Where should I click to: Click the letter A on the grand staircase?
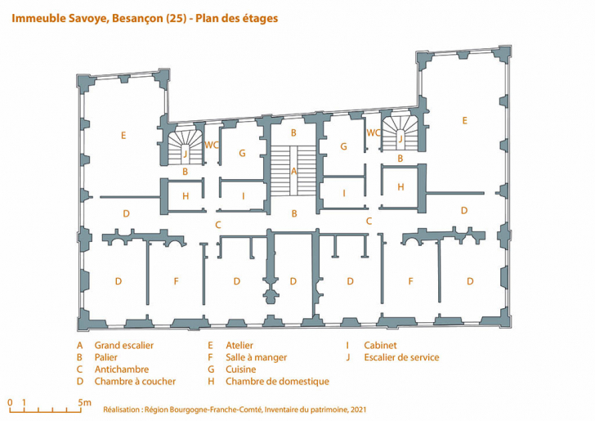pyautogui.click(x=294, y=172)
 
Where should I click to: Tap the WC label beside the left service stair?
pyautogui.click(x=212, y=146)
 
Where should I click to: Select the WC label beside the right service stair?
pyautogui.click(x=374, y=132)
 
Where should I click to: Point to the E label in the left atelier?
pyautogui.click(x=123, y=135)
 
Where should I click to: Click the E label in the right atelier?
pyautogui.click(x=464, y=120)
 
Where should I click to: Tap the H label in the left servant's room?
pyautogui.click(x=186, y=196)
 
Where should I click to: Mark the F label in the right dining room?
pyautogui.click(x=411, y=281)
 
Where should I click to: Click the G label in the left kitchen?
pyautogui.click(x=242, y=153)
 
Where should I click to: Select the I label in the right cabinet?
pyautogui.click(x=344, y=194)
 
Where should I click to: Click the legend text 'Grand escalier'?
pyautogui.click(x=123, y=346)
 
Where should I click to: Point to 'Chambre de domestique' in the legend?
pyautogui.click(x=277, y=382)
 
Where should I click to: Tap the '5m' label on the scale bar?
pyautogui.click(x=85, y=402)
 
